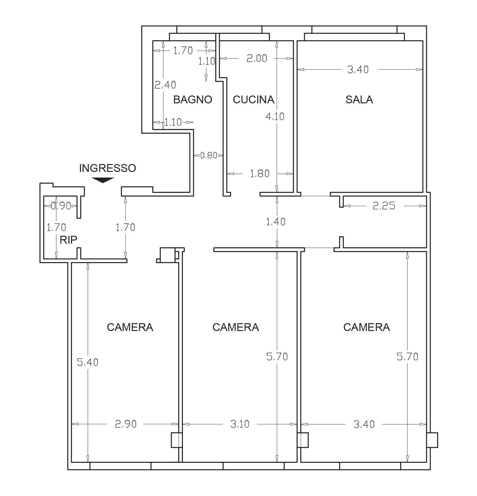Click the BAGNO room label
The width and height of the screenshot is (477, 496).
pos(193,100)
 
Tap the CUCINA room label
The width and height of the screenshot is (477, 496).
pos(253,100)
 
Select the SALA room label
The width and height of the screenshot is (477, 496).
pos(359,100)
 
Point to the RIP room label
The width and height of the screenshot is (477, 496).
pos(68,240)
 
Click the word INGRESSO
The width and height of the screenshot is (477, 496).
pos(107,168)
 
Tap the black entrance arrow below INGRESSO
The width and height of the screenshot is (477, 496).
pos(103,180)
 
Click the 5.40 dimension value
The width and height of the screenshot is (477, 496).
pos(88,362)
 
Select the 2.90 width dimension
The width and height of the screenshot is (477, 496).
pos(126,424)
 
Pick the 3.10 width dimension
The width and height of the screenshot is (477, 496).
pos(240,424)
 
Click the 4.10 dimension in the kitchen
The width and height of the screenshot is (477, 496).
pos(275,116)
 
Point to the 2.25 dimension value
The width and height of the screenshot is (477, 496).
pos(384,206)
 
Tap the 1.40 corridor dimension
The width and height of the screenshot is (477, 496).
pos(276,222)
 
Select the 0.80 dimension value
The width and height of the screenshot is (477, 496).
pos(208,155)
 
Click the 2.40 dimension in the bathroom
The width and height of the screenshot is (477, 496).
pos(165,85)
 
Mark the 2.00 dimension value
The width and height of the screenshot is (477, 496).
pos(257,58)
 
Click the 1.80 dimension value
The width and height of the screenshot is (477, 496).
pos(260,173)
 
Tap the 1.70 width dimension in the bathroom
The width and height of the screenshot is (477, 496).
pos(183,50)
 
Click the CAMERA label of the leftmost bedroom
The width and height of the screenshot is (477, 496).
pos(130,327)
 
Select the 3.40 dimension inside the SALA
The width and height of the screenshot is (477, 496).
pos(358,70)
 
